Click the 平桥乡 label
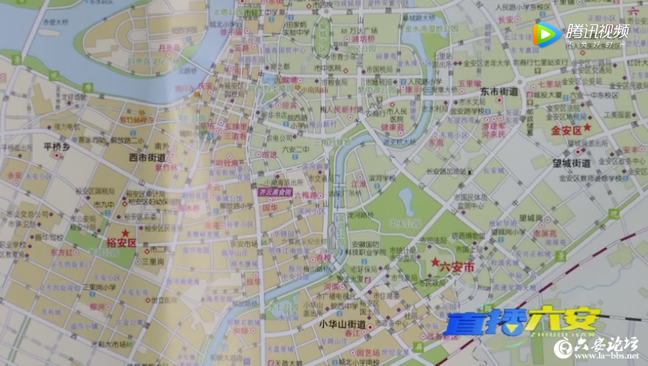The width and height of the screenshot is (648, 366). click(54, 147)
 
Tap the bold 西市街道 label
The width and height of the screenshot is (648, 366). click(147, 157)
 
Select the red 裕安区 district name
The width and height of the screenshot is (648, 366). click(122, 242)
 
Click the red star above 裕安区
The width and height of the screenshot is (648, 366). click(124, 232)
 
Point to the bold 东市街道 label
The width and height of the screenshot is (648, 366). click(498, 91)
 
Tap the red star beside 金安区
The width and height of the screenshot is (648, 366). click(587, 127)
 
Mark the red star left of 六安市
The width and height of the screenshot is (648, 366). click(435, 262)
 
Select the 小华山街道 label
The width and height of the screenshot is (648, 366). click(343, 324)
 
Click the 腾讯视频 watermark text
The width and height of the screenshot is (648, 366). click(598, 31)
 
